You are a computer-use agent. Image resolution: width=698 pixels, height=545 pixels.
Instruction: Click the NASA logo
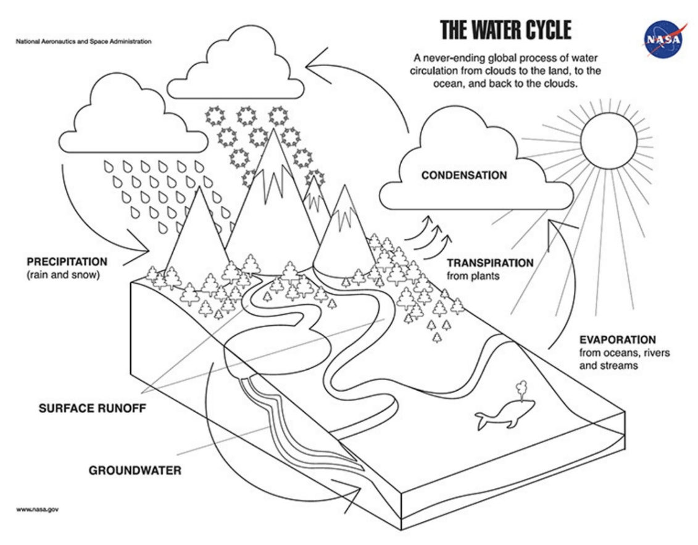tap(663, 39)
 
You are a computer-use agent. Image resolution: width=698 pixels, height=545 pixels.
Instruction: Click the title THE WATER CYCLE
tap(505, 30)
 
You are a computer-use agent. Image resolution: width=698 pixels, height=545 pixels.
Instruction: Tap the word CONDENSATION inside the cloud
tap(464, 175)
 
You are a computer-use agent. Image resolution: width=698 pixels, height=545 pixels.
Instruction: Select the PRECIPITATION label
tap(67, 261)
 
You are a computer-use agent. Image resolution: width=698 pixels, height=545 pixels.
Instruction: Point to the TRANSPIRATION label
tap(490, 263)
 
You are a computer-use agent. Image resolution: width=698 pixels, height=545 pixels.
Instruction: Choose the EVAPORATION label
tap(617, 339)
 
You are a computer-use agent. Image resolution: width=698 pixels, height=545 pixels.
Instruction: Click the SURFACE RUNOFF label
tap(92, 409)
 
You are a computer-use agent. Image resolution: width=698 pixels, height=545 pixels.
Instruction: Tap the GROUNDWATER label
tap(135, 470)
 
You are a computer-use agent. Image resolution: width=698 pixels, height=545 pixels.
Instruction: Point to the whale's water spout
tap(520, 389)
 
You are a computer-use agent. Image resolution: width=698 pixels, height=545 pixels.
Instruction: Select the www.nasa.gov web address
tap(38, 509)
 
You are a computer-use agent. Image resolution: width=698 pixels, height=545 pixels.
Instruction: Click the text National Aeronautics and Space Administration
tap(84, 41)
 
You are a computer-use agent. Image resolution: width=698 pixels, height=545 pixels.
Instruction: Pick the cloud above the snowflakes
tap(236, 62)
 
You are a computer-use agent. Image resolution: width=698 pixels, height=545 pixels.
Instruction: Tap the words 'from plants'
tap(473, 276)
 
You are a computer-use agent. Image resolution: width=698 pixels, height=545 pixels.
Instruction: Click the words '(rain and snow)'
tap(63, 275)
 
